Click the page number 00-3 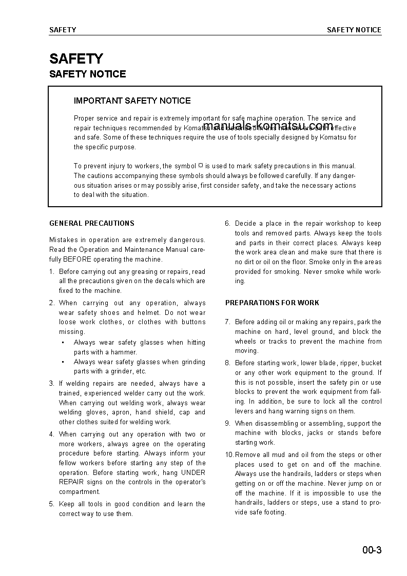click(x=372, y=551)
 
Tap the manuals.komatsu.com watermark click(x=268, y=126)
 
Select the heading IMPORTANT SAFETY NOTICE click(x=132, y=101)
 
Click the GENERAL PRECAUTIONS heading click(x=92, y=223)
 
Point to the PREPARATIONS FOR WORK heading click(x=272, y=303)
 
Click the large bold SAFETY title click(x=76, y=58)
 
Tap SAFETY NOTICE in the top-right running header click(x=354, y=30)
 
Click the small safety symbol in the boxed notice click(x=201, y=166)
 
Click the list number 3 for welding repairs click(x=51, y=383)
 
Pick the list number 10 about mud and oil click(x=229, y=454)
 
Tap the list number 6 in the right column click(x=227, y=223)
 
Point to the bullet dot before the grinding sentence click(x=63, y=362)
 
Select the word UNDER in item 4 click(x=193, y=472)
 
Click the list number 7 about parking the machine click(x=227, y=322)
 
